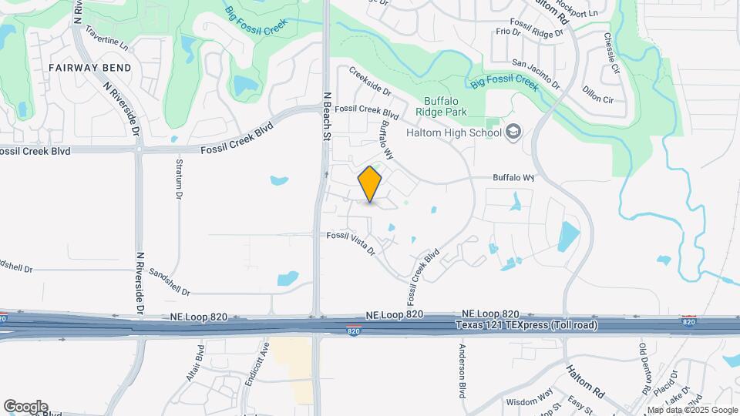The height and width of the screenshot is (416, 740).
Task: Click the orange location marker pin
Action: coord(370,184)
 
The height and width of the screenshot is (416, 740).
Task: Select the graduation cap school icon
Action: coord(513,132)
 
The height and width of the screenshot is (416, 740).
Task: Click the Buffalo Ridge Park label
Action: coord(446,106)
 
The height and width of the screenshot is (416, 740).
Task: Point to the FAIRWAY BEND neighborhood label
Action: coord(89,68)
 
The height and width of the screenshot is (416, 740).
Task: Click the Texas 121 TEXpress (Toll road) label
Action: coord(526,325)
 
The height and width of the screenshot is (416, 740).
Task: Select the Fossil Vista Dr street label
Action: coord(351,243)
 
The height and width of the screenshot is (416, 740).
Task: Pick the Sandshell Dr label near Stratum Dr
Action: coord(169,283)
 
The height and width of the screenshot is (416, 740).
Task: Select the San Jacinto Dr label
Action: coord(536,69)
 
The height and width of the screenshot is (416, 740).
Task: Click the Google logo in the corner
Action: coord(25,406)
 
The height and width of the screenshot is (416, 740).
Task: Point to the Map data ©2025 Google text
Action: coord(691,410)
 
